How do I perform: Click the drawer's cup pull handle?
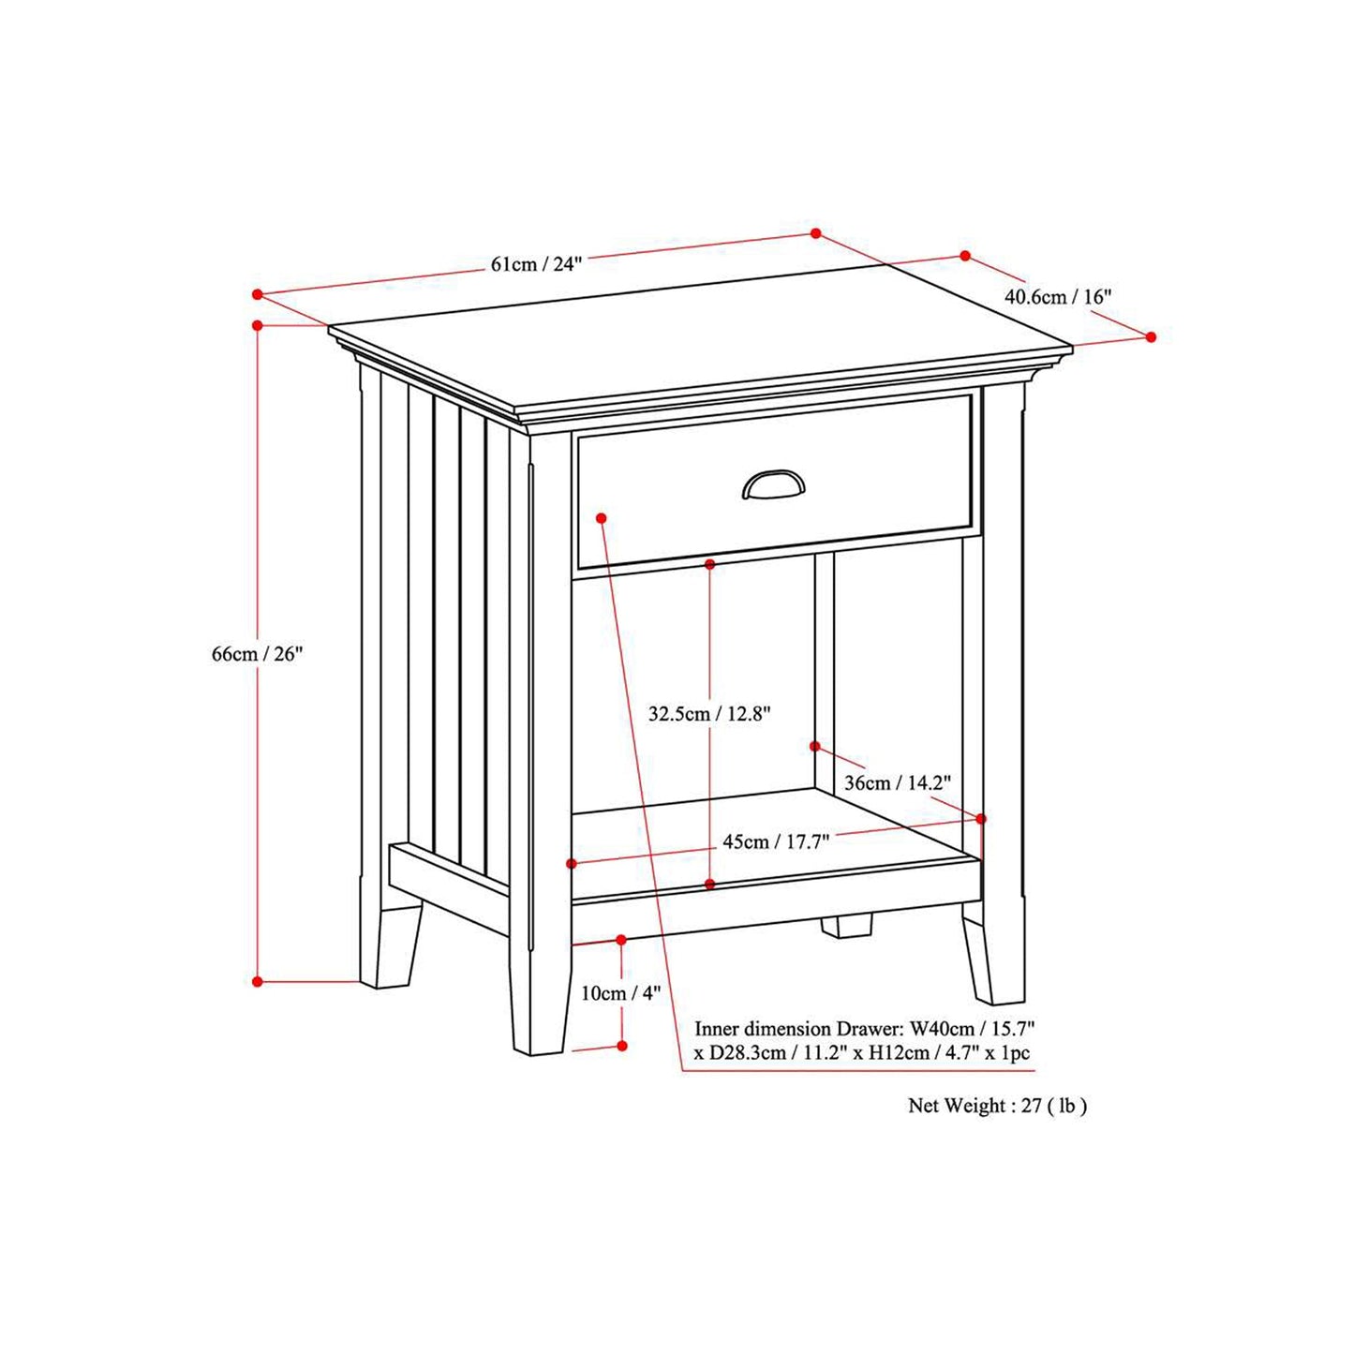tap(773, 484)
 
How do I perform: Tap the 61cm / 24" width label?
tap(536, 264)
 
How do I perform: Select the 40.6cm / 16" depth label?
tap(1058, 297)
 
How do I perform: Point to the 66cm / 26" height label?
tap(257, 654)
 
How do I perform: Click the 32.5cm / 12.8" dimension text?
tap(709, 714)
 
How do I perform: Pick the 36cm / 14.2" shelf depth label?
tap(897, 782)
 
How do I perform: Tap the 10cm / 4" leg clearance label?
tap(620, 993)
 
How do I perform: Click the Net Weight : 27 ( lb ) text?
tap(997, 1106)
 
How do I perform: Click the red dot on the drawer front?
tap(602, 518)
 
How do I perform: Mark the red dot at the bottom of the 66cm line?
tap(258, 982)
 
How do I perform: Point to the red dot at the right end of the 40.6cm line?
tap(1152, 337)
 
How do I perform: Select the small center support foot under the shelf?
tap(846, 926)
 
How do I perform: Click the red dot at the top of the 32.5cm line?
tap(710, 564)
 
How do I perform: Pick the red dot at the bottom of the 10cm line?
tap(622, 1046)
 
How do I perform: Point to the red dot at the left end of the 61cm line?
tap(258, 294)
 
